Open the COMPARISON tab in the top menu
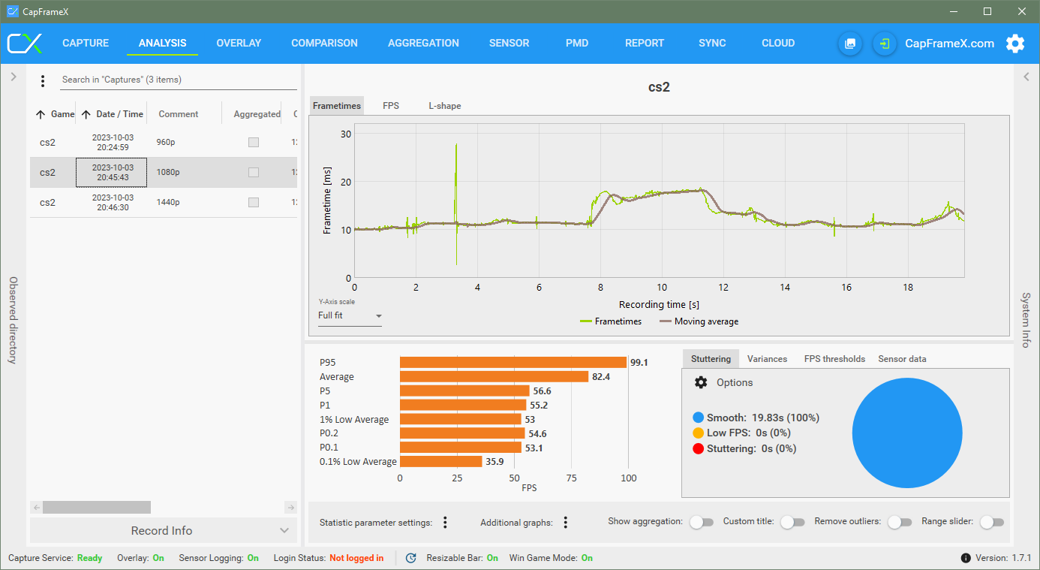324,43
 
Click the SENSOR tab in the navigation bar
509,43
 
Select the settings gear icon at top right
1015,44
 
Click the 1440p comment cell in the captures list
169,202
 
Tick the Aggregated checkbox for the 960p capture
254,143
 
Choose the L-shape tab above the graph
445,106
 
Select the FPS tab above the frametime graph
391,106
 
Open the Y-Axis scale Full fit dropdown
350,315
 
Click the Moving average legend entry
705,321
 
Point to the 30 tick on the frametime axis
347,134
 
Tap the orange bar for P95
513,363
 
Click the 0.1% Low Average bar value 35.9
494,462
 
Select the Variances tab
767,359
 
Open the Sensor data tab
902,359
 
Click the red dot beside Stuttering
699,448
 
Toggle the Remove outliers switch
900,522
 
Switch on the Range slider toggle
991,522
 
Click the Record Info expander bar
162,530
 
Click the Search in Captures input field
178,80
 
